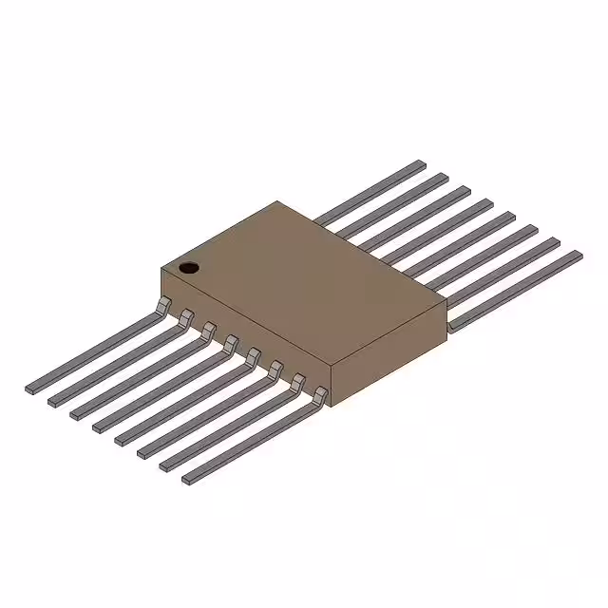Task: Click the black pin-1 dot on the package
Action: (189, 267)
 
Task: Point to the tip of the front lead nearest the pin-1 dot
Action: (32, 389)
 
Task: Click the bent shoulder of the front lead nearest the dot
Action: (163, 304)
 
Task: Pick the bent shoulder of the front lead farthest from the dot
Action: (320, 393)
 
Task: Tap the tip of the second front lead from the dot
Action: (55, 401)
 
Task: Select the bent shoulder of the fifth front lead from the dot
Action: (253, 355)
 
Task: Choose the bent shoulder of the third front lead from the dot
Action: (208, 330)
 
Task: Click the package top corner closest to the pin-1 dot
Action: (161, 270)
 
